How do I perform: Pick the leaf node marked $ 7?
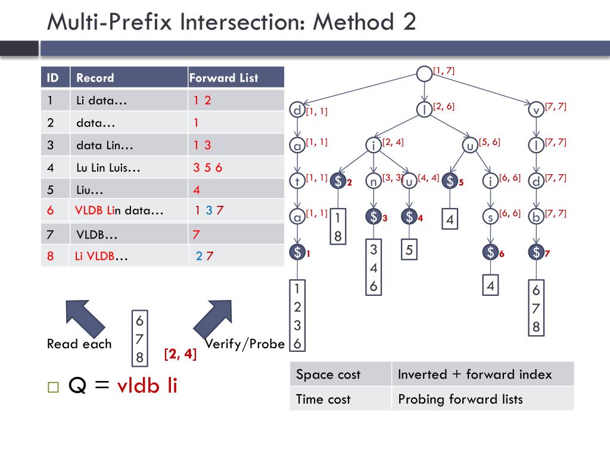tap(536, 252)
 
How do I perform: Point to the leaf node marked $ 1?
tap(297, 252)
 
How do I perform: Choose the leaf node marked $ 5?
tap(450, 181)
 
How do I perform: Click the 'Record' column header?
tap(95, 78)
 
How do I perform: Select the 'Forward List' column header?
tap(223, 78)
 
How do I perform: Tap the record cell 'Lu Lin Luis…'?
tap(108, 168)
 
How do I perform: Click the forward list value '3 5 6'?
tap(207, 168)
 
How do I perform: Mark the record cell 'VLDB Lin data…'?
tap(119, 211)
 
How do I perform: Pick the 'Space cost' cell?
tap(328, 375)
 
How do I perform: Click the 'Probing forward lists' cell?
tap(460, 399)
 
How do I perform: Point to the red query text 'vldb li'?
tap(147, 386)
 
